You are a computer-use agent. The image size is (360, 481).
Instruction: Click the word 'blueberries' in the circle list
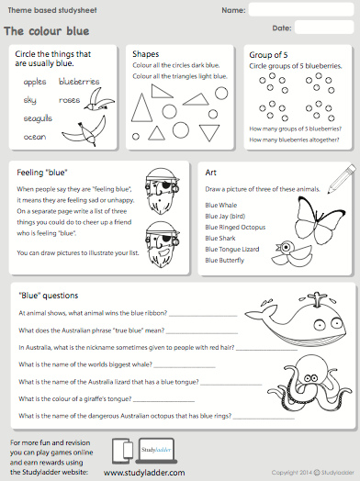79,82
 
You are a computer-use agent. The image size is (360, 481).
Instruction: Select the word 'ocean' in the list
34,136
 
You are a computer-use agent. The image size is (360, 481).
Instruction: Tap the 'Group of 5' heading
269,55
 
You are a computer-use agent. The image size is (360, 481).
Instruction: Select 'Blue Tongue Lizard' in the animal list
232,248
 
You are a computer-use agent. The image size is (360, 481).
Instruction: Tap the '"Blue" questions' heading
48,296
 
